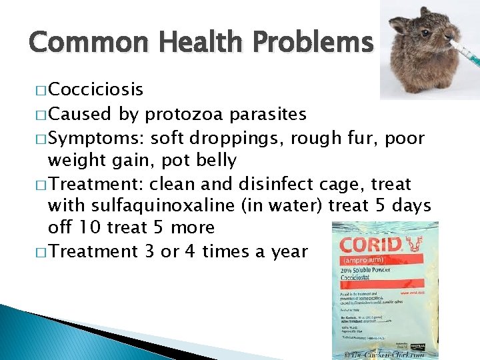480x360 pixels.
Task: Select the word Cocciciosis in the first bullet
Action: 95,89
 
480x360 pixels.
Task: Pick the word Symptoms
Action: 95,138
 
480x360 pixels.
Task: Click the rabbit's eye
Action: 425,33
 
